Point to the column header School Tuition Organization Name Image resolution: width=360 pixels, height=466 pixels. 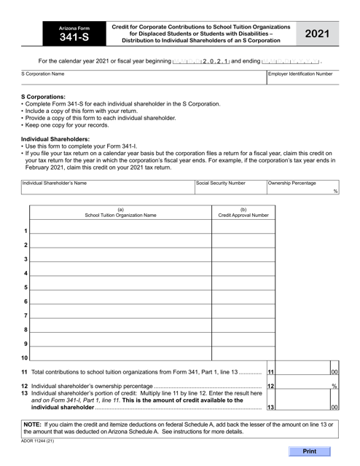[x=120, y=216]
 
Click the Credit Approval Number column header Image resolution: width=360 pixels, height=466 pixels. [x=243, y=216]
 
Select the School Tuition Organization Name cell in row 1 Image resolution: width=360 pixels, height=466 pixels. [x=120, y=229]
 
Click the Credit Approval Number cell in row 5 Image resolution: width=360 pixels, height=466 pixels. [x=243, y=286]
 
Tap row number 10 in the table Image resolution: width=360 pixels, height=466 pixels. [x=25, y=358]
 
